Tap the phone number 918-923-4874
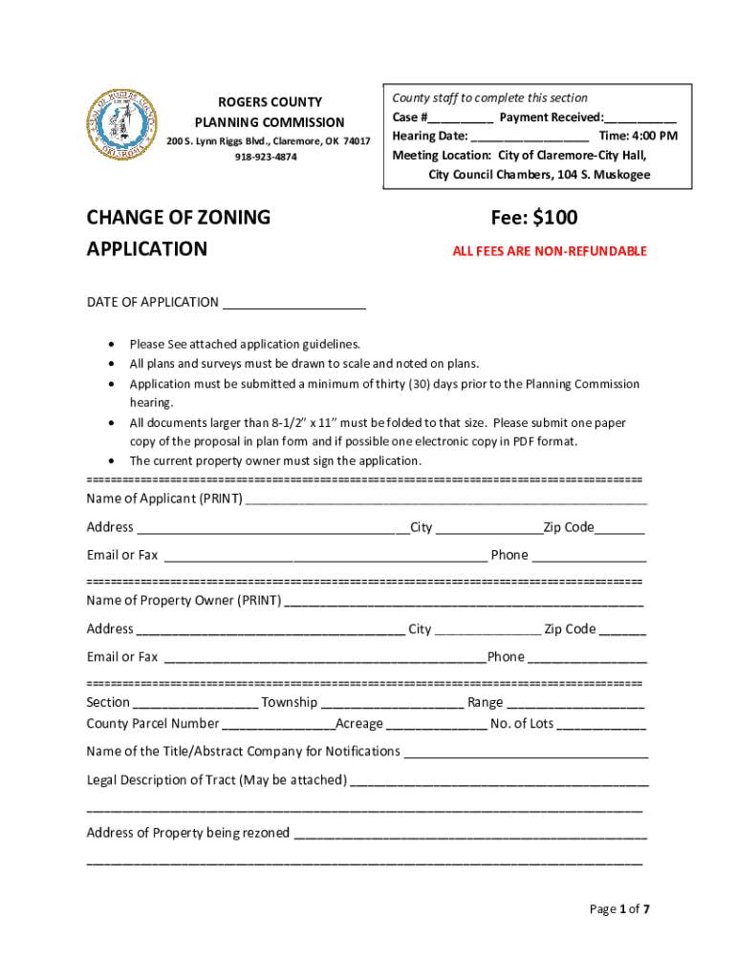coord(266,157)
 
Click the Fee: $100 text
coord(534,218)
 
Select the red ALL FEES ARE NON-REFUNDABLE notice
coord(550,251)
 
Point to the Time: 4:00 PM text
coord(639,137)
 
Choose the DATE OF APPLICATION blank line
coord(294,304)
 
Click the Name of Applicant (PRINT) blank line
coord(446,500)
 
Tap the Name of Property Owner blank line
coord(465,602)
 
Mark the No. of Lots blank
coord(601,725)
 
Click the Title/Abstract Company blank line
coord(527,753)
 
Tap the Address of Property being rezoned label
coord(188,833)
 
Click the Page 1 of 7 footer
coord(619,909)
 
